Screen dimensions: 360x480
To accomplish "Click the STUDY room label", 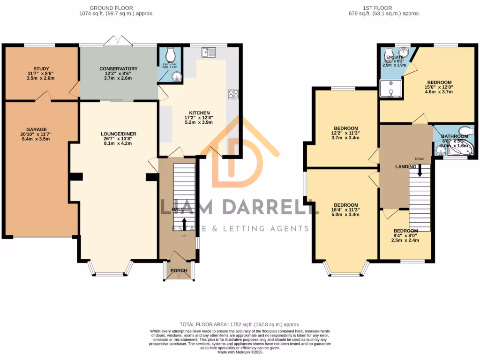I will (x=41, y=68).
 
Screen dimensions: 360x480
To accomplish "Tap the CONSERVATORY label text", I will (x=118, y=68).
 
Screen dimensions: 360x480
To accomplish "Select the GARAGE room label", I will (x=37, y=129).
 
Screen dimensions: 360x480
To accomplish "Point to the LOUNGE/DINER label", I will (x=118, y=134).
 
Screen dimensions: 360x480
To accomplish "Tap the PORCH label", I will (x=179, y=270).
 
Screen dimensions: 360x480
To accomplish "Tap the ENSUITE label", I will (x=395, y=57).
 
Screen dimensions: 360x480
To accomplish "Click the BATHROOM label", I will (x=454, y=136).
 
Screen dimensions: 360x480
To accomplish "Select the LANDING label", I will (x=406, y=167).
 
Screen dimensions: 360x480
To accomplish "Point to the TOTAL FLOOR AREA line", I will (x=240, y=324).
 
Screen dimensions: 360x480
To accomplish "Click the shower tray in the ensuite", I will (x=390, y=89).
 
